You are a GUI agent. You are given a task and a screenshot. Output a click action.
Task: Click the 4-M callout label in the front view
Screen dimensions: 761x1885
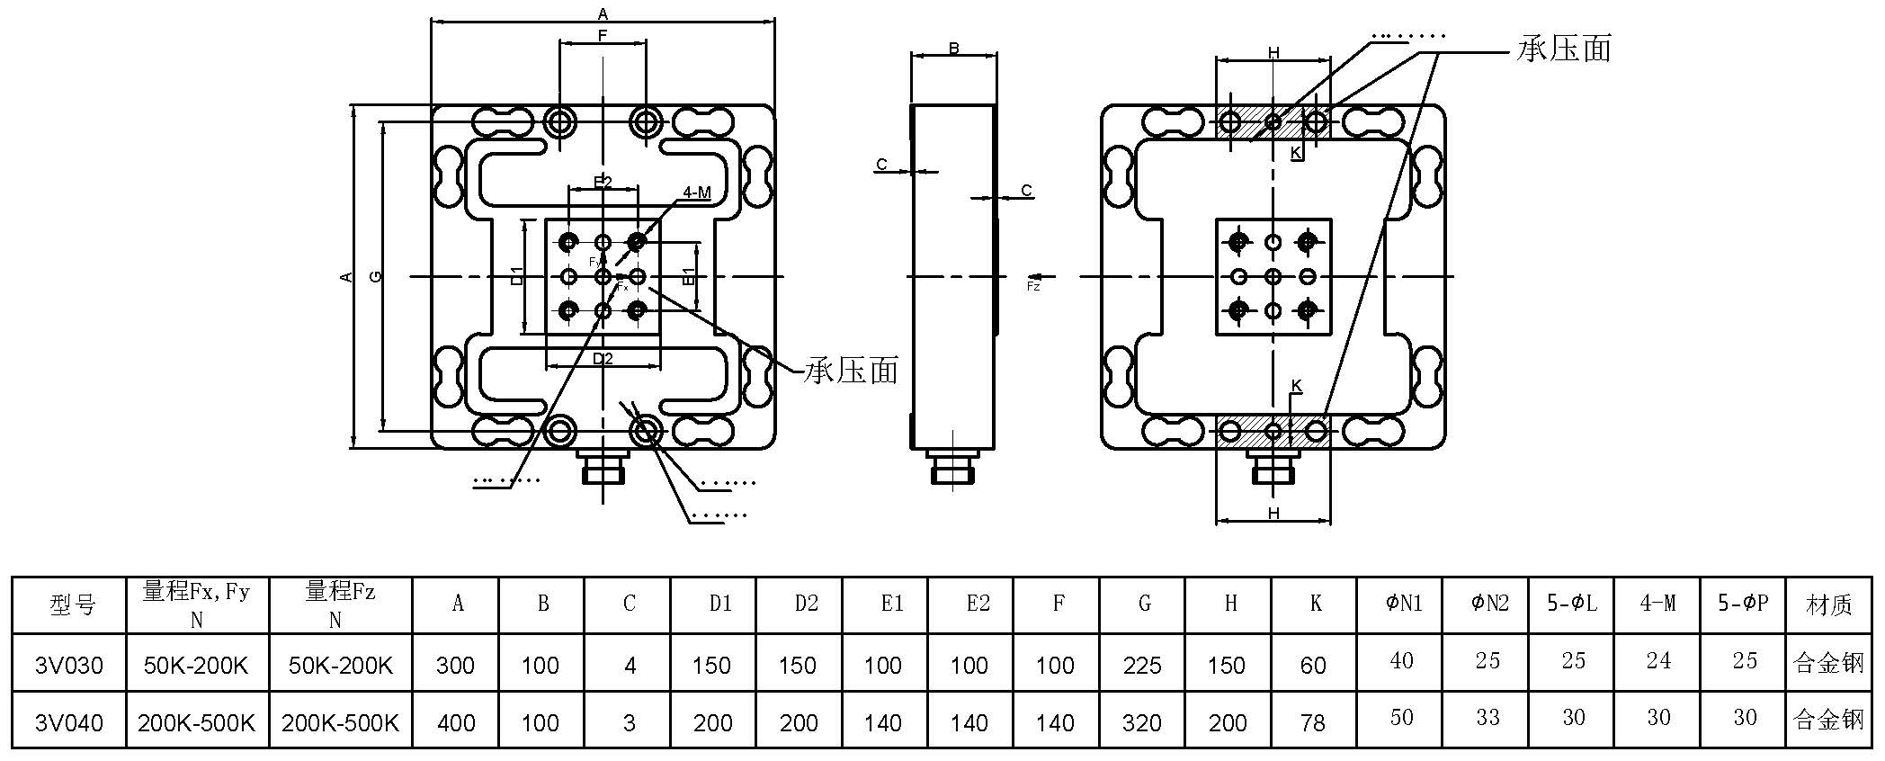[697, 192]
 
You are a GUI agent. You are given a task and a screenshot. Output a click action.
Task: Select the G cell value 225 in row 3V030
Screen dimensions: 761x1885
[1142, 666]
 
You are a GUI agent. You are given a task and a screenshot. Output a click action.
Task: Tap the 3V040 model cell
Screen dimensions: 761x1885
[69, 722]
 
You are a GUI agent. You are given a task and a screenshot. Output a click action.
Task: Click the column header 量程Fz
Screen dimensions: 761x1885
[340, 604]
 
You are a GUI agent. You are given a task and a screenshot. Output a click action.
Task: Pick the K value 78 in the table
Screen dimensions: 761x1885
[1313, 722]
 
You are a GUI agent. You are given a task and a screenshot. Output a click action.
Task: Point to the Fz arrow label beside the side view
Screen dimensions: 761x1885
[1033, 285]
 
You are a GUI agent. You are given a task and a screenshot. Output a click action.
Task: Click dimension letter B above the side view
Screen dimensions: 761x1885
[954, 49]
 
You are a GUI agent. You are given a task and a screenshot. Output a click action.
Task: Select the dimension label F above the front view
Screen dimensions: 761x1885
[603, 36]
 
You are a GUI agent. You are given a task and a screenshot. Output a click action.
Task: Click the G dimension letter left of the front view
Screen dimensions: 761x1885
[376, 276]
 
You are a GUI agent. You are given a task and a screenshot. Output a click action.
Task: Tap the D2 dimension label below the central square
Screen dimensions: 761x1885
[603, 359]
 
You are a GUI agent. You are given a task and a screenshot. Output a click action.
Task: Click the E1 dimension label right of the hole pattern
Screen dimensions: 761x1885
[688, 276]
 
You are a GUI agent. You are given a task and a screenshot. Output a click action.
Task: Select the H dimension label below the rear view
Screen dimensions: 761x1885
[1273, 514]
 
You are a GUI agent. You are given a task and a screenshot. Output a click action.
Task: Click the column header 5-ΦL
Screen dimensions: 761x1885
[1572, 604]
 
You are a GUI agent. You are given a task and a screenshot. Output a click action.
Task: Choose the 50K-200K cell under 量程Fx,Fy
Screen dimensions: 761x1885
[196, 666]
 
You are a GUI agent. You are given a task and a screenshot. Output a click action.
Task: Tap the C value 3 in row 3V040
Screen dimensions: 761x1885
[630, 722]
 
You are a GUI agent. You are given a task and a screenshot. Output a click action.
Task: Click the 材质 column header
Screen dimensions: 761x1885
[1828, 604]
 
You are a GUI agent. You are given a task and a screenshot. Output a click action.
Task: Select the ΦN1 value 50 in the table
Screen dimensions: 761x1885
[1401, 718]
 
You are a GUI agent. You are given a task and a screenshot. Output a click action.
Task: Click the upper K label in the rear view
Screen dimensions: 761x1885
[1296, 153]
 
